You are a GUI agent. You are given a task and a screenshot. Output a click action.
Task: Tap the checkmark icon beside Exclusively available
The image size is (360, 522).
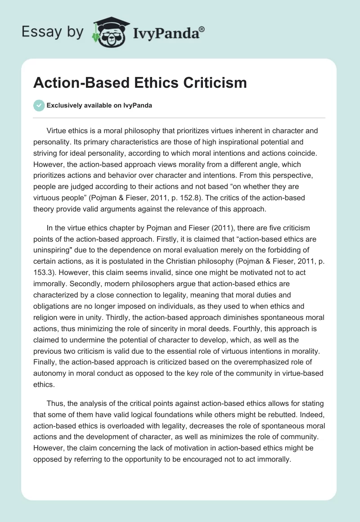(39, 105)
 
